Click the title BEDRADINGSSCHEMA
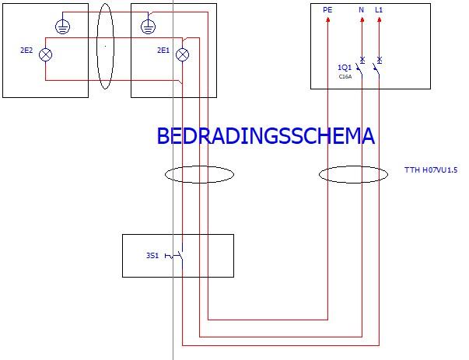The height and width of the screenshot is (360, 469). [265, 136]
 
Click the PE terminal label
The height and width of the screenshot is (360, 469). [327, 10]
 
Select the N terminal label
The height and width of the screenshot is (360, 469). [361, 10]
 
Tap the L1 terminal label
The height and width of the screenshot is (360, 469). [379, 10]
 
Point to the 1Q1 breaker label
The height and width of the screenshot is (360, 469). [345, 67]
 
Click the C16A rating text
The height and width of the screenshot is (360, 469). [345, 77]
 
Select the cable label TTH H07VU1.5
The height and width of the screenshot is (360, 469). [431, 169]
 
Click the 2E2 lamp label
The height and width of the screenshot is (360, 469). [26, 51]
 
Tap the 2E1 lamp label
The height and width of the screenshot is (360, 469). [163, 51]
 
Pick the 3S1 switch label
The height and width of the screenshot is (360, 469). [152, 254]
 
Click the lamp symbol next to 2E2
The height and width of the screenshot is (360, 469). [46, 54]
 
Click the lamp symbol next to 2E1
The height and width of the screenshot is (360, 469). [183, 54]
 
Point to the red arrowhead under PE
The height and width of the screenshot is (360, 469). [327, 20]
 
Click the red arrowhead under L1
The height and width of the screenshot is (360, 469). [379, 20]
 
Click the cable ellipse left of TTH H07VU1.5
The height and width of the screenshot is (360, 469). [353, 174]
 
